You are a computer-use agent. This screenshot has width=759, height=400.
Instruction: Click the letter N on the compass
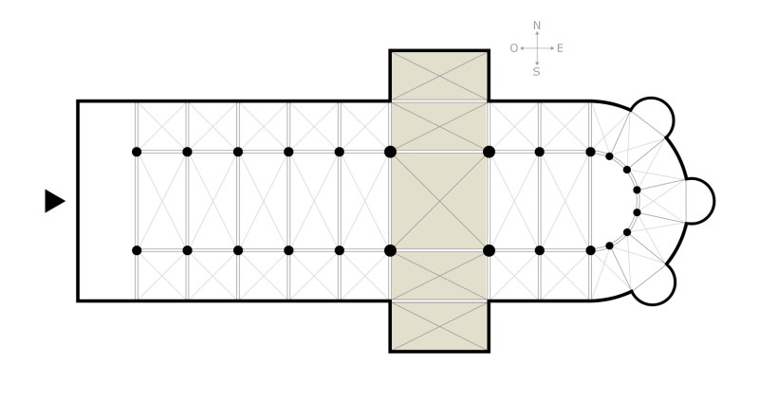coord(536,26)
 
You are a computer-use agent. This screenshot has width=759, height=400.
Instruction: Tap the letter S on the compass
coord(536,72)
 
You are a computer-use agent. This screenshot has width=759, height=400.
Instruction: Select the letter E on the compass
coord(560,48)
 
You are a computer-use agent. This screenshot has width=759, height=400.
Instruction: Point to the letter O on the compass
coord(514,48)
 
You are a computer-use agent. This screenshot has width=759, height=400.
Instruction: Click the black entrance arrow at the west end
coord(55,201)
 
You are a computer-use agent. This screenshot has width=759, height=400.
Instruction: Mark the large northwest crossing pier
coord(390,152)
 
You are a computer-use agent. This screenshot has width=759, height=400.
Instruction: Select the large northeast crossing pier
coord(489,152)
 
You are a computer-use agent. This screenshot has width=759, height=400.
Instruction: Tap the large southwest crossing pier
coord(390,250)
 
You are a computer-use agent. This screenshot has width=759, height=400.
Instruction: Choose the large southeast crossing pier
coord(489,250)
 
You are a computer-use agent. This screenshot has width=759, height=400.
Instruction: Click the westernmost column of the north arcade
coord(137,152)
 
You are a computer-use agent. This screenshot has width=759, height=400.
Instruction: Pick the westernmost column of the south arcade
coord(137,250)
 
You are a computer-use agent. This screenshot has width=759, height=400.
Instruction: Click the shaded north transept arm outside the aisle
coord(439,77)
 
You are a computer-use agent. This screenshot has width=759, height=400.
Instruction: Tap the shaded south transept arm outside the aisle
coord(439,326)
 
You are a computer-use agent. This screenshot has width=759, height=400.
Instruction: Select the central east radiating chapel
coord(700,201)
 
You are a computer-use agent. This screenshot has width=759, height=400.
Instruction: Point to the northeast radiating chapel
coord(652,118)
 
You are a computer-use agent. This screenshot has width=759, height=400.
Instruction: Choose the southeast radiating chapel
coord(653,284)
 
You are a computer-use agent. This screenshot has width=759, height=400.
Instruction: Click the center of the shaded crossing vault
coord(439,201)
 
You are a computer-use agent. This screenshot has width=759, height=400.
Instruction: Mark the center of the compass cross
coord(537,48)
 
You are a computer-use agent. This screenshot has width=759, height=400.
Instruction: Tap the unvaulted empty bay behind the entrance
coord(107,201)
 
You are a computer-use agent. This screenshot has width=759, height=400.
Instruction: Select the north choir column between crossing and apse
coord(540,152)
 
